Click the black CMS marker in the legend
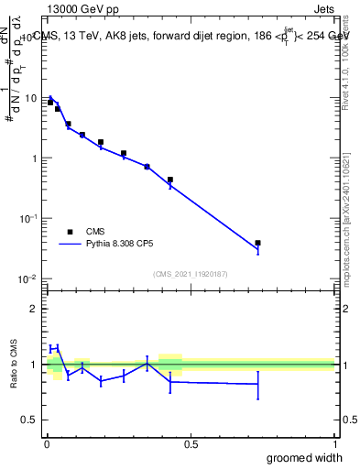[x=69, y=232]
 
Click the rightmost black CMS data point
[x=258, y=243]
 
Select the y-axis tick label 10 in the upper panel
[x=32, y=98]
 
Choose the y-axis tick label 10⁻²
[x=29, y=278]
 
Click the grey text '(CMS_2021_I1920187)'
[x=190, y=273]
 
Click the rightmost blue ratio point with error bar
[x=258, y=384]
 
